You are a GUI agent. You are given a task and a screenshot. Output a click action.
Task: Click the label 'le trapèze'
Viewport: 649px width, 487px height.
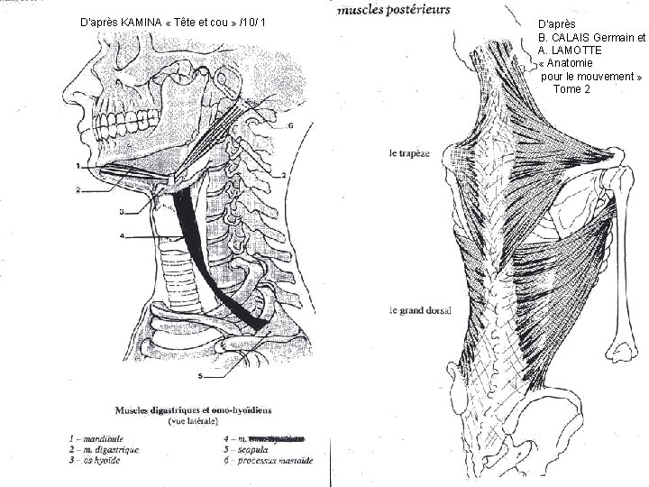(x=409, y=153)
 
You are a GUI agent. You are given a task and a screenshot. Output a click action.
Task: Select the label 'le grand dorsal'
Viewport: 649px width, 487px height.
(x=420, y=311)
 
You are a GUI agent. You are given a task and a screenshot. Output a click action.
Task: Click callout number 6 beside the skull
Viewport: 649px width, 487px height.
(x=289, y=126)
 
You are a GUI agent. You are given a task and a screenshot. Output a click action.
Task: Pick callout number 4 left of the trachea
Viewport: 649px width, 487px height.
(x=121, y=236)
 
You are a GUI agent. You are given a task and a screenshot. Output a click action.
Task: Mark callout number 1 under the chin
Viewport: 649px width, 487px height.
(x=78, y=167)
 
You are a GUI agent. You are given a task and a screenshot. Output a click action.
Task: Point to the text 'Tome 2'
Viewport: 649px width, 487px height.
(x=572, y=89)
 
